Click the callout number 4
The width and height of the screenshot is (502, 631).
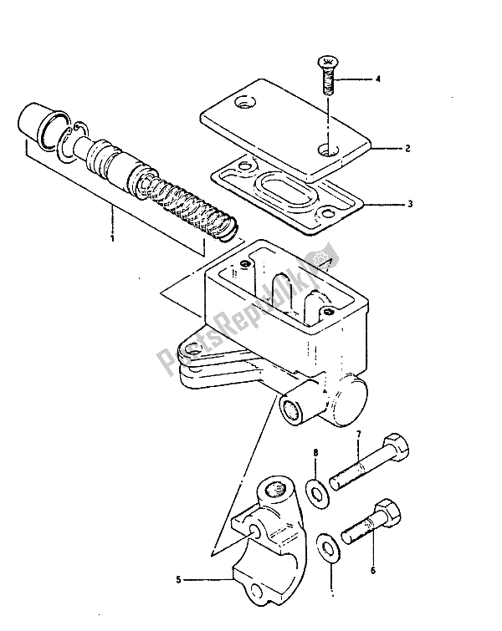click(x=377, y=80)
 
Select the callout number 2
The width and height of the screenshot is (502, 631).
click(x=407, y=149)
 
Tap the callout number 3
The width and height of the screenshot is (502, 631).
click(x=407, y=202)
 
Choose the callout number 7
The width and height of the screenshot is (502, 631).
click(x=357, y=435)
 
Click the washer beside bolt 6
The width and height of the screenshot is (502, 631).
click(x=331, y=547)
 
